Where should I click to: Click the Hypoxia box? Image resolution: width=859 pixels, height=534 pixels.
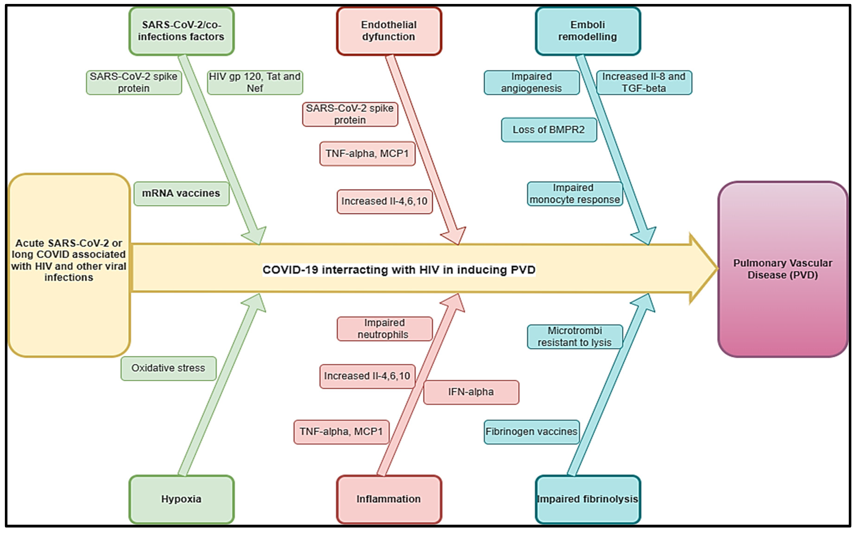point(181,499)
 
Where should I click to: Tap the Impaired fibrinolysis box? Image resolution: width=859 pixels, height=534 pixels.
point(588,499)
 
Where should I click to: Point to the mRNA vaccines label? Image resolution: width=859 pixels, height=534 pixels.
point(181,193)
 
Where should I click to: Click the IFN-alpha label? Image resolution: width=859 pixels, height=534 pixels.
point(471,392)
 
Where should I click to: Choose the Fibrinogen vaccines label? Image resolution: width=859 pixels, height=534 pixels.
point(531,432)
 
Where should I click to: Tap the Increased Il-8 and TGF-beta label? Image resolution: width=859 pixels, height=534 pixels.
point(644,82)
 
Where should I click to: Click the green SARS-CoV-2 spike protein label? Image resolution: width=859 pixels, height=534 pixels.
point(134,82)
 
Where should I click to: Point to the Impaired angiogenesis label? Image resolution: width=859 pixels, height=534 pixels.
point(531,82)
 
